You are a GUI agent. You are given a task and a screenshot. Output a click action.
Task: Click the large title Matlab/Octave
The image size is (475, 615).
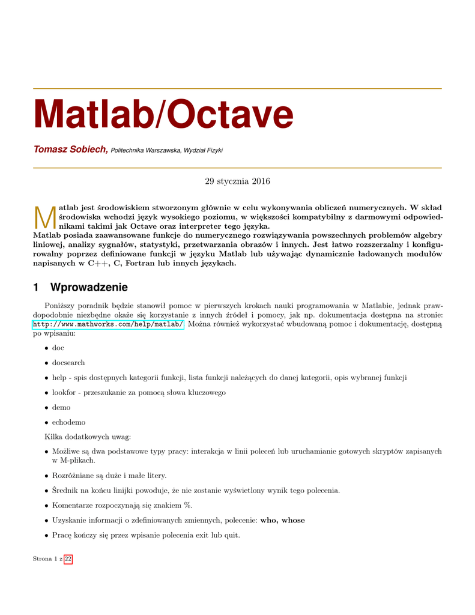pyautogui.click(x=164, y=114)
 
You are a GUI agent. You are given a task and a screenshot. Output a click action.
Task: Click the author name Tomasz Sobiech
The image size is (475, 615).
pyautogui.click(x=70, y=149)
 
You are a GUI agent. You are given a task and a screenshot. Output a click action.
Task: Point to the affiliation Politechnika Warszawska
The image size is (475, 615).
pyautogui.click(x=146, y=150)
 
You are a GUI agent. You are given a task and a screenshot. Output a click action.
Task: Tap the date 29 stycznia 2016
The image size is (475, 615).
pyautogui.click(x=237, y=181)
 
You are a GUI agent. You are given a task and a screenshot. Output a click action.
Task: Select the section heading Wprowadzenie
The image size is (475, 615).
pyautogui.click(x=89, y=288)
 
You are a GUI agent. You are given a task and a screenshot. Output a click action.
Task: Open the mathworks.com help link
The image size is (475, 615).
pyautogui.click(x=108, y=325)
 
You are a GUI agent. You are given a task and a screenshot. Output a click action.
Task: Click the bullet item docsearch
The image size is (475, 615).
pyautogui.click(x=68, y=363)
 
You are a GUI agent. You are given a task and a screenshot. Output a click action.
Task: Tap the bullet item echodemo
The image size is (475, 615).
pyautogui.click(x=68, y=422)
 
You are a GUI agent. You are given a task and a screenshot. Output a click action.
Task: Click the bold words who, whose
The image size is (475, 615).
pyautogui.click(x=282, y=520)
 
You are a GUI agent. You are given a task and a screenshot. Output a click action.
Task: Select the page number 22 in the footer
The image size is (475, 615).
pyautogui.click(x=68, y=559)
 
